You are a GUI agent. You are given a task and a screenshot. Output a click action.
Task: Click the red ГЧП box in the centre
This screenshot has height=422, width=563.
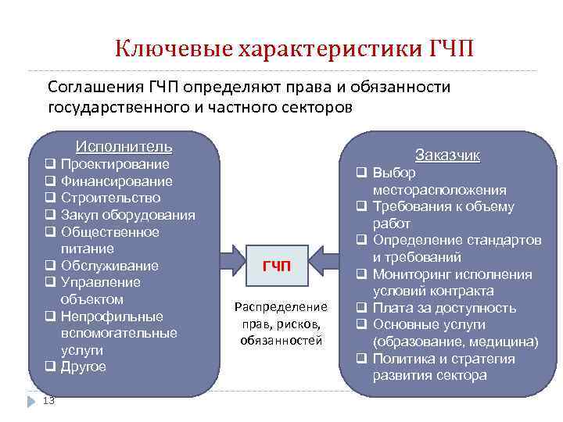(276, 266)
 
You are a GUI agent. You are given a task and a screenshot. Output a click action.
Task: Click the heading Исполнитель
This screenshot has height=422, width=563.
(124, 147)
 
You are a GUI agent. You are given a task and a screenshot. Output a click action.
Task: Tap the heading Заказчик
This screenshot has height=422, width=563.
(448, 155)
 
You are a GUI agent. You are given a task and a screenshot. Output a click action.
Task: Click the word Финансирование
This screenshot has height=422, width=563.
(117, 181)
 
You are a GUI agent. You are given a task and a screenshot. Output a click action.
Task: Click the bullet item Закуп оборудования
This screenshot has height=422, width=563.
(127, 216)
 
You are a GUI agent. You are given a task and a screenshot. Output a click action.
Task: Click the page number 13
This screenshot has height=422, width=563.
(48, 401)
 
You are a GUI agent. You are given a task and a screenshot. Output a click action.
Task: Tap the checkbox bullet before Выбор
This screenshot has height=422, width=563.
(362, 173)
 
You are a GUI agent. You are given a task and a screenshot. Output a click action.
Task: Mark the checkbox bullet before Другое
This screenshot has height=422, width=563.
(49, 367)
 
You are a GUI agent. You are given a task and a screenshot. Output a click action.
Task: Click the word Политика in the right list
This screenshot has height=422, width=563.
(403, 359)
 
